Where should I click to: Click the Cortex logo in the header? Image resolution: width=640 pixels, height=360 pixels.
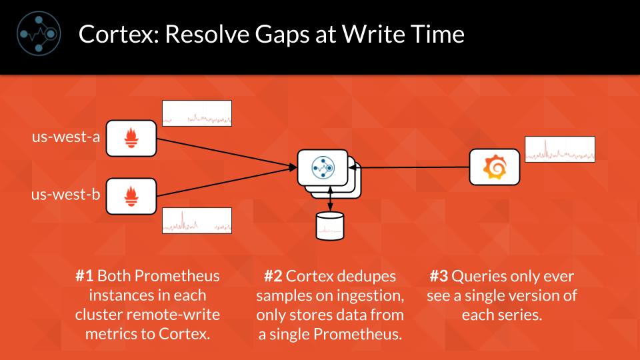coord(39,33)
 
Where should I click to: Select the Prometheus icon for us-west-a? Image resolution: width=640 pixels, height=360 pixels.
coord(131,138)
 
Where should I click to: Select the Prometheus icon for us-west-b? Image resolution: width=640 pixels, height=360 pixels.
coord(131,195)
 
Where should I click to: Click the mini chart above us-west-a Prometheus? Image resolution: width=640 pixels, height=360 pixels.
coord(197,113)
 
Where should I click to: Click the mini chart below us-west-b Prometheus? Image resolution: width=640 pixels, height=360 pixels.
coord(197,221)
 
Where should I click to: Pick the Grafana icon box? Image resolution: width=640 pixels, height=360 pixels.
coord(493,167)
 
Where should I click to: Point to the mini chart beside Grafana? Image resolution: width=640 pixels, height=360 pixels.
coord(560,149)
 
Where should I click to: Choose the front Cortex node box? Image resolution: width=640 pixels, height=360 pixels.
coord(323,167)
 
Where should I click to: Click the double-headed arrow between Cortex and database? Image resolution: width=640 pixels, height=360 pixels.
coord(331,200)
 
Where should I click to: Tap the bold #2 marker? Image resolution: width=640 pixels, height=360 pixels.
coord(273,276)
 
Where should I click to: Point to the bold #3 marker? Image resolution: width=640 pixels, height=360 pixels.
coord(438,276)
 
